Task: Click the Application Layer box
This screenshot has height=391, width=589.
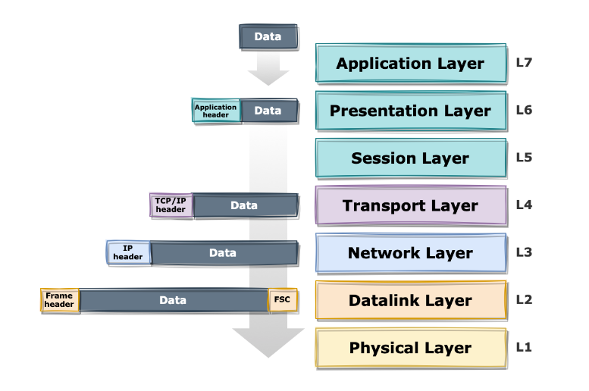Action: point(410,64)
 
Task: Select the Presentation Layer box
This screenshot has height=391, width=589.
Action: point(410,111)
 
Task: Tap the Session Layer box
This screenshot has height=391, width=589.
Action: point(410,159)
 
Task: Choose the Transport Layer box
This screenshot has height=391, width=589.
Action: point(410,206)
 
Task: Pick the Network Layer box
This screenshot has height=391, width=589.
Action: point(410,253)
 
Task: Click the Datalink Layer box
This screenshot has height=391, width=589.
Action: point(410,301)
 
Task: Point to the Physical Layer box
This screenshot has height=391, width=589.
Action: point(410,348)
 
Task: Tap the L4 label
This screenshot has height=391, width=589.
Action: point(525,205)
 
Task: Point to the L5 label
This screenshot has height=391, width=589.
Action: point(525,158)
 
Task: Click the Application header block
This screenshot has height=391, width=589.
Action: point(216,111)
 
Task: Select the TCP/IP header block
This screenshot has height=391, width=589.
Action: point(171,205)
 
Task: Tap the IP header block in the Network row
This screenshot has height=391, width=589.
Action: point(128,253)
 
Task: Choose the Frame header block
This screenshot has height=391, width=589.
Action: point(59,300)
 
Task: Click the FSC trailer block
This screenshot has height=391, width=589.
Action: point(282,300)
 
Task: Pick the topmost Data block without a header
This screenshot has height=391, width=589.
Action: point(268,37)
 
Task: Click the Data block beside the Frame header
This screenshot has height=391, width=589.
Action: point(173,300)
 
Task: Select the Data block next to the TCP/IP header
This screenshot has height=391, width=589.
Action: point(244,205)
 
